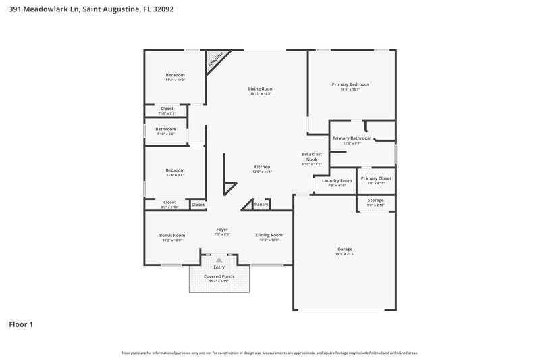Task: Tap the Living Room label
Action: click(x=261, y=88)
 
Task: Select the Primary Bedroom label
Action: click(x=350, y=84)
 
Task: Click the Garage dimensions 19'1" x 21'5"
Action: click(x=345, y=254)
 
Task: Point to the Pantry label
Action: click(x=261, y=204)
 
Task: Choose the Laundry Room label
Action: click(x=337, y=180)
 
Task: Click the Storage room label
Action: click(x=376, y=200)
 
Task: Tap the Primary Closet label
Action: click(x=376, y=178)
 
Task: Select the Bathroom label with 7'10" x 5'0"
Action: click(x=166, y=129)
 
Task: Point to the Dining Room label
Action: click(x=269, y=235)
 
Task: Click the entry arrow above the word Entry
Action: click(x=218, y=259)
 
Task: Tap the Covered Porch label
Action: click(x=219, y=276)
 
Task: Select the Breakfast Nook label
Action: click(x=311, y=157)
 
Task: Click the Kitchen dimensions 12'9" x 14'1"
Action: click(x=262, y=172)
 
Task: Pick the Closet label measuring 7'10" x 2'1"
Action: click(x=167, y=113)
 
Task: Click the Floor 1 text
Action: click(x=21, y=324)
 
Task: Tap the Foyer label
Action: click(x=222, y=229)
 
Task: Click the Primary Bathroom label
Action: click(x=352, y=138)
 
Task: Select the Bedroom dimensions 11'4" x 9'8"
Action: click(x=175, y=175)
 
